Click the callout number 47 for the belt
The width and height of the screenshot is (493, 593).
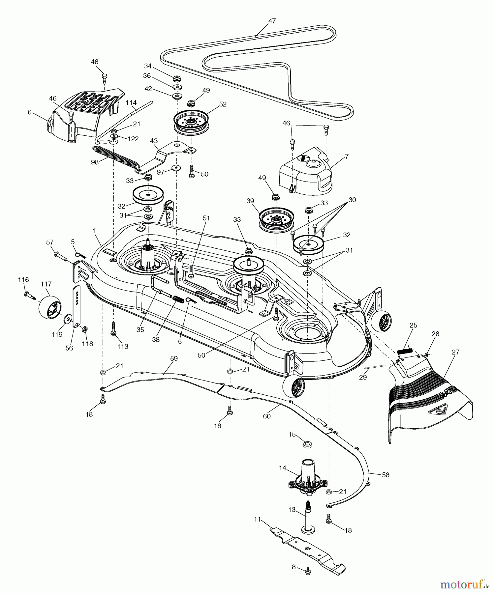pos(272,21)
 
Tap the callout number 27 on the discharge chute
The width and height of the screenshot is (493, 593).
pos(455,352)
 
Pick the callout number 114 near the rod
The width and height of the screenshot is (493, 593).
pos(131,103)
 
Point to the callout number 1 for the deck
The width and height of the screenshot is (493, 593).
pos(94,231)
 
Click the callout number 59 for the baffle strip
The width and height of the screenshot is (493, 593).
pos(174,358)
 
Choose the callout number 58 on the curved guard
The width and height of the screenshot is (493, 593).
pos(385,475)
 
